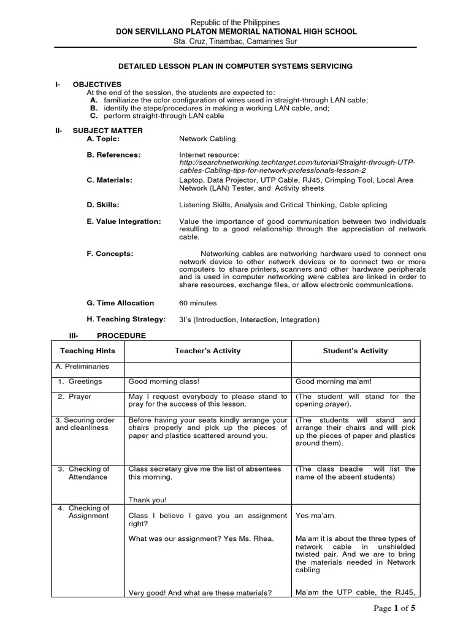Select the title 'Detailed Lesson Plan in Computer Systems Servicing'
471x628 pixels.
(235, 65)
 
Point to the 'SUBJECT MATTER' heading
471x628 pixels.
(107, 130)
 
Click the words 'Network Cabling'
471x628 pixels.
(207, 139)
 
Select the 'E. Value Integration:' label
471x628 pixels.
(124, 221)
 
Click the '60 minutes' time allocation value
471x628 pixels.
(197, 303)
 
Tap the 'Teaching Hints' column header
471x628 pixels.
(87, 351)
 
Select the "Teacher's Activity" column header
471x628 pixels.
(207, 351)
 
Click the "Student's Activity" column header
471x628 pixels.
(355, 351)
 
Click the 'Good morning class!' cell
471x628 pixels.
(164, 381)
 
